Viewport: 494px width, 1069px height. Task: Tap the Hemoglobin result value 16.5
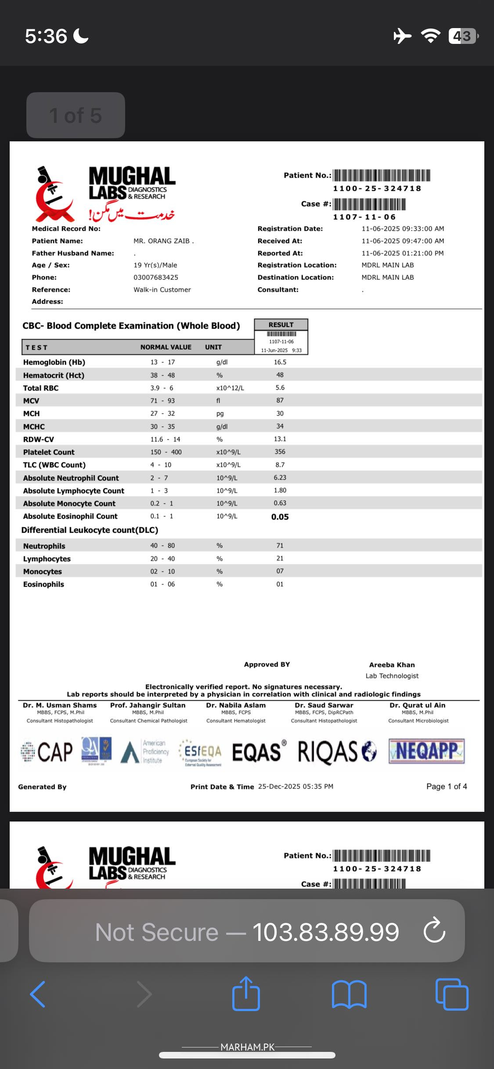(280, 362)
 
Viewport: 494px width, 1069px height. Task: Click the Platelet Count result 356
(280, 452)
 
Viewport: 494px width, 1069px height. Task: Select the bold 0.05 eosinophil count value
(280, 517)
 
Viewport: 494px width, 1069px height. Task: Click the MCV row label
(31, 401)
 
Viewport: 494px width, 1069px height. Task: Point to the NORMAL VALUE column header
(166, 347)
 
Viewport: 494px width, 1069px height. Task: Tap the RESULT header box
(281, 325)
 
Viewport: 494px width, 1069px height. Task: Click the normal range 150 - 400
(166, 452)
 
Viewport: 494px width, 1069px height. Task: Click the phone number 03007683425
(156, 277)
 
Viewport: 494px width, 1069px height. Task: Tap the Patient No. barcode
(381, 176)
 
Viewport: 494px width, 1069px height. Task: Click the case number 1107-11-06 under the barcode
(364, 217)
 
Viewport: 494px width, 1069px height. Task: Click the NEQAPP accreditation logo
(426, 751)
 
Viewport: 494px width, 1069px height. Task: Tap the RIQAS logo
(337, 752)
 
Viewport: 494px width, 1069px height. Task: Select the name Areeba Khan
(392, 665)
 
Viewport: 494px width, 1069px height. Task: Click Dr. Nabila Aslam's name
(236, 705)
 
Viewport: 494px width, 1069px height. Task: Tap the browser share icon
(246, 994)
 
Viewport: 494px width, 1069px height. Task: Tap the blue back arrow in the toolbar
(38, 994)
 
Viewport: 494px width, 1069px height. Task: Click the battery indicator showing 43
(462, 36)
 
